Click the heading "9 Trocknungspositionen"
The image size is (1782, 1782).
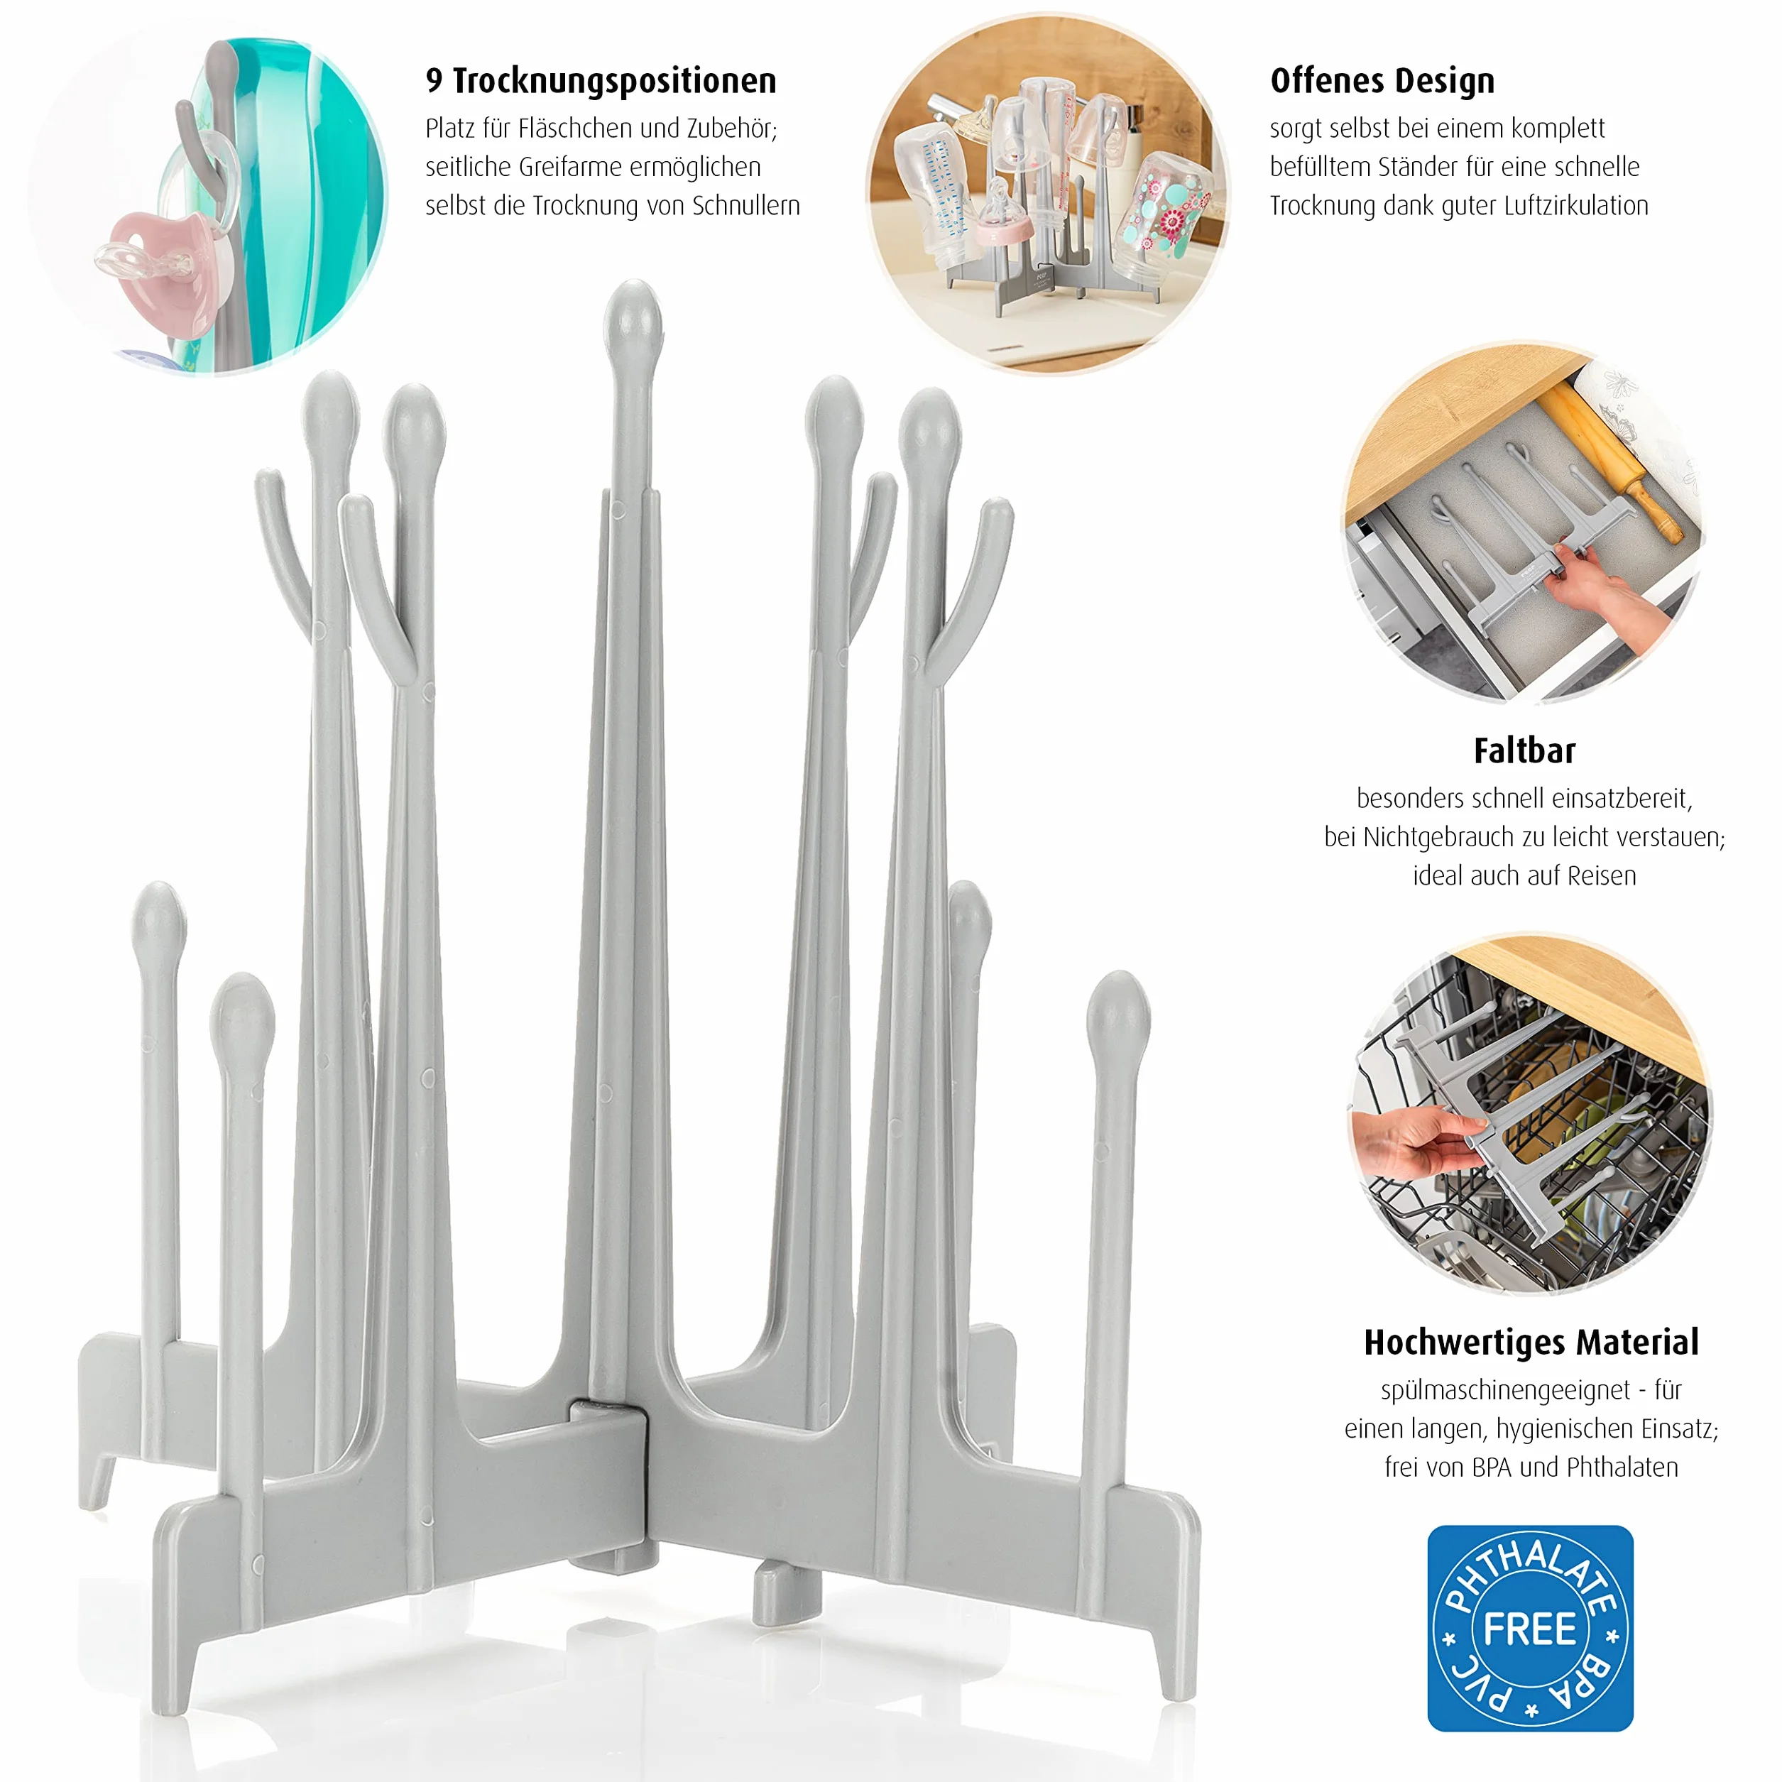pyautogui.click(x=601, y=81)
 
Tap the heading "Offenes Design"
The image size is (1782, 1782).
pyautogui.click(x=1382, y=81)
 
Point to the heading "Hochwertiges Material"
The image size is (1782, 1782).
pyautogui.click(x=1531, y=1342)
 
